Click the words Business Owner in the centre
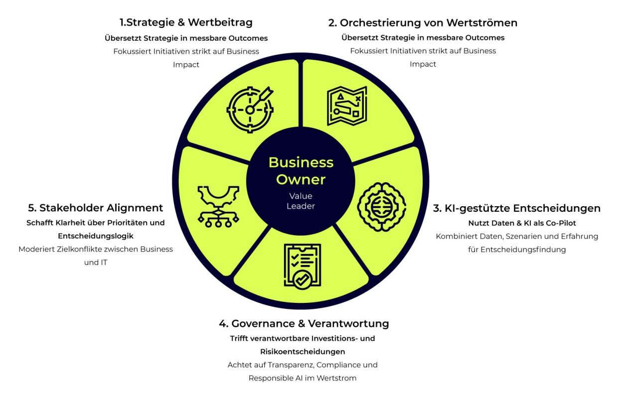pyautogui.click(x=301, y=170)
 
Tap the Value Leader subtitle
pyautogui.click(x=301, y=201)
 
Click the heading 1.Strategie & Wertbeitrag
pyautogui.click(x=186, y=22)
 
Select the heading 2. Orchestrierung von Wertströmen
pyautogui.click(x=423, y=22)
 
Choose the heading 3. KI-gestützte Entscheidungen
pyautogui.click(x=517, y=208)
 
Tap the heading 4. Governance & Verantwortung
pyautogui.click(x=304, y=323)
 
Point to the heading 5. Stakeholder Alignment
pyautogui.click(x=95, y=208)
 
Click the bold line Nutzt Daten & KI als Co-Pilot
pyautogui.click(x=517, y=223)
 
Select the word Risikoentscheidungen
pyautogui.click(x=303, y=352)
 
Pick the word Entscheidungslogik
pyautogui.click(x=95, y=236)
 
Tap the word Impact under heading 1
pyautogui.click(x=186, y=64)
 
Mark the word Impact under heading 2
pyautogui.click(x=423, y=64)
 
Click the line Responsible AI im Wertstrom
pyautogui.click(x=303, y=378)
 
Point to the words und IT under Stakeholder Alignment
pyautogui.click(x=96, y=263)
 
